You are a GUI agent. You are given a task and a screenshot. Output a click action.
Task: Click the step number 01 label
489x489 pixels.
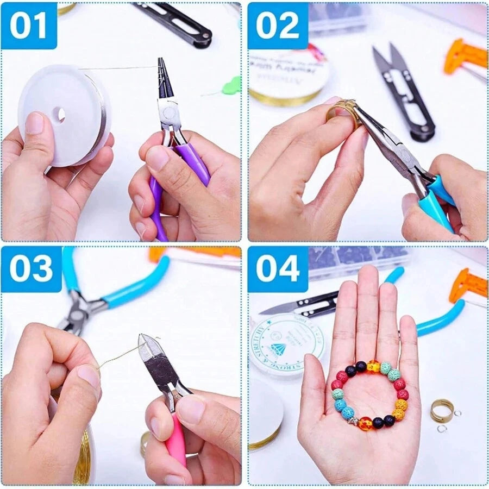pos(28,26)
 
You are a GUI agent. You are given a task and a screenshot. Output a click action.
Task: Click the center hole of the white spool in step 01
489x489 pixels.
pos(60,114)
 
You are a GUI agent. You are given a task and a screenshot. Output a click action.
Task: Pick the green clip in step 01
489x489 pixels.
pos(232,86)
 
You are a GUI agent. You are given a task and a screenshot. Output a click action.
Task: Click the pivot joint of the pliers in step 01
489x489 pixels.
pos(169,112)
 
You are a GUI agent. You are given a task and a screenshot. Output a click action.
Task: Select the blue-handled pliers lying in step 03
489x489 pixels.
pos(109,293)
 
